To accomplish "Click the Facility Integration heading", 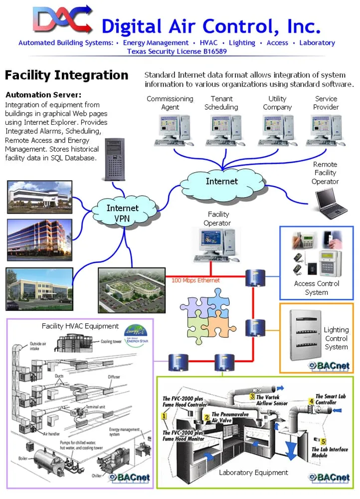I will (66, 75).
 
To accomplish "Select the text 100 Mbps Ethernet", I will (195, 280).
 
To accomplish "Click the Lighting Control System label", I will (336, 338).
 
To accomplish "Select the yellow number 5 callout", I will (324, 441).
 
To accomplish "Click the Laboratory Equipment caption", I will (254, 472).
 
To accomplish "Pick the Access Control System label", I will (316, 288).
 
